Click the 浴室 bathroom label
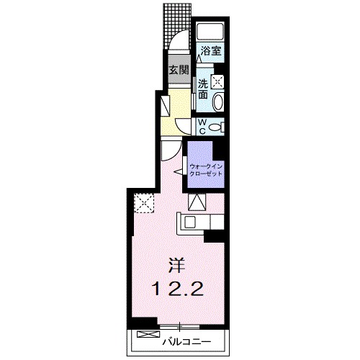click(x=211, y=51)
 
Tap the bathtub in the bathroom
click(x=210, y=31)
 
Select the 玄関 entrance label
click(x=179, y=70)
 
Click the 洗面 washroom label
click(x=203, y=89)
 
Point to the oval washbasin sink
click(x=218, y=102)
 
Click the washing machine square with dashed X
click(x=217, y=81)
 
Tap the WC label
click(x=202, y=127)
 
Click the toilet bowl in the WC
click(x=217, y=127)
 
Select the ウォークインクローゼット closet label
click(x=206, y=170)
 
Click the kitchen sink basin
click(x=190, y=222)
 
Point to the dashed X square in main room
click(x=144, y=203)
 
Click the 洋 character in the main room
click(x=176, y=265)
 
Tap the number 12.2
click(x=177, y=288)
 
